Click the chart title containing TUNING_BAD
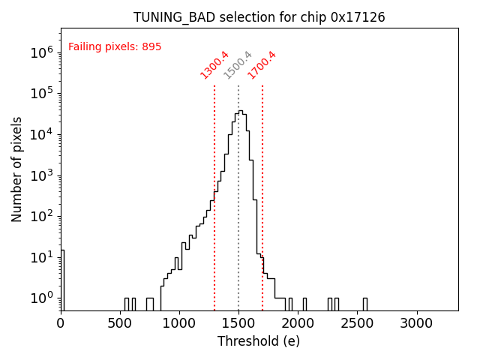tap(259, 17)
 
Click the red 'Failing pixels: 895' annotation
tap(115, 46)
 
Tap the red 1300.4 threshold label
tap(214, 64)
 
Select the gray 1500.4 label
tap(238, 65)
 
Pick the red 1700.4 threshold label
tap(262, 64)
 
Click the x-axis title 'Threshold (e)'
tap(259, 341)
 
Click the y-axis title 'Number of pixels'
tap(17, 169)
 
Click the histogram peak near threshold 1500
tap(240, 112)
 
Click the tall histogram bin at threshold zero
tap(62, 277)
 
